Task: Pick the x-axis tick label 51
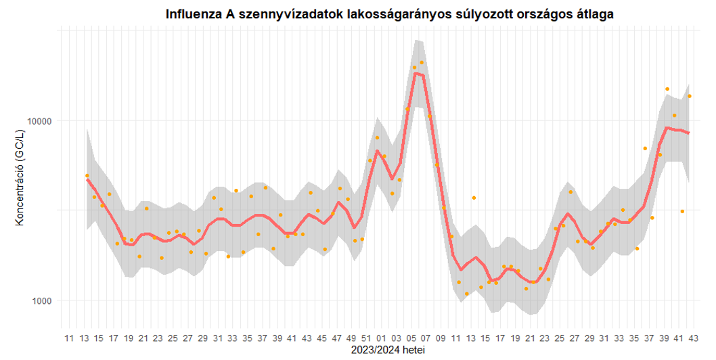(366, 338)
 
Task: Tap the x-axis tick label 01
(381, 338)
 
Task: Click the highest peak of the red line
(416, 73)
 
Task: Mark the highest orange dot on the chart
(422, 62)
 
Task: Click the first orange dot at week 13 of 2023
(87, 176)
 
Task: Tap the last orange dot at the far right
(690, 96)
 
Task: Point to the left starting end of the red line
(87, 179)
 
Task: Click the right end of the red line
(689, 133)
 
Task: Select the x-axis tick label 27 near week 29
(187, 338)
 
